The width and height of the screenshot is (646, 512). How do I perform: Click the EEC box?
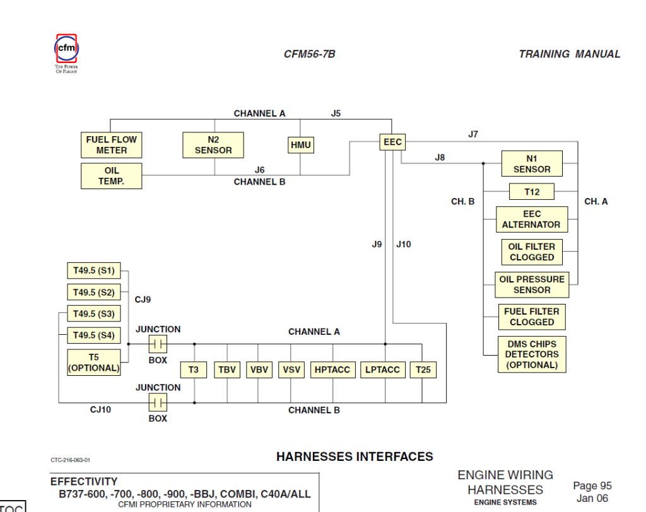(392, 143)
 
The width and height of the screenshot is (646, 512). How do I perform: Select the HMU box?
(300, 145)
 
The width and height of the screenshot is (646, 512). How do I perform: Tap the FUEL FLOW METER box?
(112, 145)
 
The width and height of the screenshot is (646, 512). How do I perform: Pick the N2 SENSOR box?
(213, 145)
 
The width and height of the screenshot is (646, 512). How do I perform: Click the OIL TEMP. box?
(112, 176)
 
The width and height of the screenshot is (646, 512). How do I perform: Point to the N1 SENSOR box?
(532, 164)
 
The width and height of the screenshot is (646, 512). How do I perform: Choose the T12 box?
(532, 192)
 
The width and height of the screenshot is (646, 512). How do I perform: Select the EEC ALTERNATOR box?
(531, 219)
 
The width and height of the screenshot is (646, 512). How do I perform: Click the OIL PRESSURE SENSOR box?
(532, 285)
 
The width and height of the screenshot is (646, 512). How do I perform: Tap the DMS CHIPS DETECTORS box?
(532, 354)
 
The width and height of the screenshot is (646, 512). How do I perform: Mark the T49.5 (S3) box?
(93, 314)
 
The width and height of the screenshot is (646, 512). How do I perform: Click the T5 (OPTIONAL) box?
(94, 363)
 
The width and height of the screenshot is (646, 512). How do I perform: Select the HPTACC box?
(332, 370)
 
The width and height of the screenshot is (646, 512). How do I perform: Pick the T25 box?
(423, 370)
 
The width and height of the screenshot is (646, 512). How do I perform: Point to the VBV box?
(258, 370)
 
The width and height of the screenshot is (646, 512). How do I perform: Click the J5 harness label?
(336, 113)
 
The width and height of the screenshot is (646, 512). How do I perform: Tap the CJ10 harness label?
(100, 410)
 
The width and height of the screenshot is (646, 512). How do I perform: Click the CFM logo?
(66, 49)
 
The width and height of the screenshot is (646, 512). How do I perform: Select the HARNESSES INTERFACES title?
(355, 457)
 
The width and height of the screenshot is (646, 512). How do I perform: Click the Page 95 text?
(592, 486)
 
